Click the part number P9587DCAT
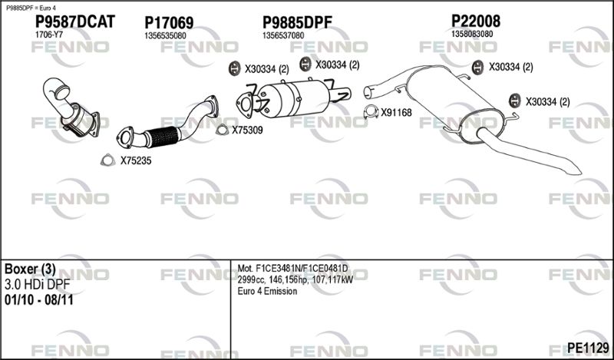pos(75,21)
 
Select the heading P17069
pos(169,23)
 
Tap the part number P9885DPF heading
pos(297,22)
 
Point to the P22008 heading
pos(476,21)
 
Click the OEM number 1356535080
pos(165,35)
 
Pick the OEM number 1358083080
pos(472,34)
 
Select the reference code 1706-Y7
pos(49,35)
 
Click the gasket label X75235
pos(136,160)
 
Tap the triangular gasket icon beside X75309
pos(222,130)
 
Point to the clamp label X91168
pos(396,113)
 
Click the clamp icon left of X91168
pos(371,112)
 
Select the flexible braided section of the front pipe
pos(162,137)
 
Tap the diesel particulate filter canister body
pos(295,97)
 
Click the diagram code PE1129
pos(588,347)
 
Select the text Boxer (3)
pos(30,269)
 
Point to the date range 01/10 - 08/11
pos(39,300)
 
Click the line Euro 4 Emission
pos(267,291)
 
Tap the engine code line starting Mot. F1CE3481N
pos(292,269)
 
